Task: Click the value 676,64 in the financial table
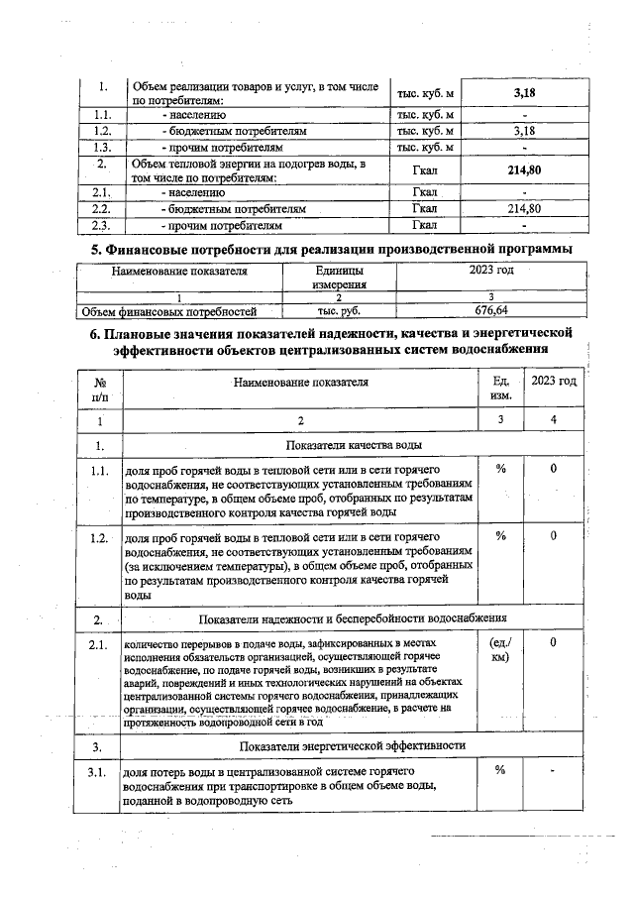(491, 310)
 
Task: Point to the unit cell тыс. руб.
(339, 310)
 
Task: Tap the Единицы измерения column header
(339, 277)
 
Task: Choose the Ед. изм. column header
(500, 389)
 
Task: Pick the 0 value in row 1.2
(554, 536)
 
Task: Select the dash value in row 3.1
(554, 771)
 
